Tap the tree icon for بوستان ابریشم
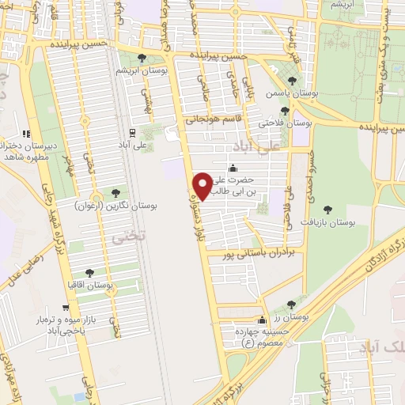142,58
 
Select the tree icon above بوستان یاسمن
293,80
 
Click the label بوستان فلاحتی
286,124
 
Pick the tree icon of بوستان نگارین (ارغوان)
116,192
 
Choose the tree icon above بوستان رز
292,304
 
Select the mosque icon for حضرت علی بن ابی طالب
232,168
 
